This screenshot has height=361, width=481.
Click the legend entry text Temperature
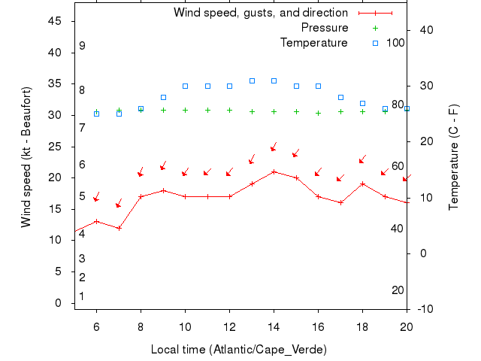pyautogui.click(x=314, y=43)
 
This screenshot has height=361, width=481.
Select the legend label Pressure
pyautogui.click(x=325, y=28)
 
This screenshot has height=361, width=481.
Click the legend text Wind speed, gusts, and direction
pyautogui.click(x=261, y=13)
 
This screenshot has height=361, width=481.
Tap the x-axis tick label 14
pyautogui.click(x=274, y=326)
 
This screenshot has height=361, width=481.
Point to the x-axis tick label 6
pyautogui.click(x=96, y=326)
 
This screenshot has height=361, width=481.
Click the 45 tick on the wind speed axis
pyautogui.click(x=55, y=21)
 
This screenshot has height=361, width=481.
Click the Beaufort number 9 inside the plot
pyautogui.click(x=82, y=46)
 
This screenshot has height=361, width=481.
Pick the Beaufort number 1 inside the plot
pyautogui.click(x=81, y=296)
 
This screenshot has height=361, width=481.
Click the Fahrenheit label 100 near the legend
pyautogui.click(x=395, y=43)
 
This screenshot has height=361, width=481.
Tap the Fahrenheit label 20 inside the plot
pyautogui.click(x=398, y=290)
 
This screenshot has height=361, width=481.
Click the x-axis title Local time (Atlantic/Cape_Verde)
pyautogui.click(x=239, y=350)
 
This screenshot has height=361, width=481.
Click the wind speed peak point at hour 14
pyautogui.click(x=274, y=171)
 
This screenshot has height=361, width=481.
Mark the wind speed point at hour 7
pyautogui.click(x=119, y=228)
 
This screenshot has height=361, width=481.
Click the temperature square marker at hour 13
pyautogui.click(x=252, y=80)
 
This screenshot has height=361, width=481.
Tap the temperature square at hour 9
pyautogui.click(x=163, y=97)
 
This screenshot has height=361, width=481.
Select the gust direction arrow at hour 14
pyautogui.click(x=274, y=147)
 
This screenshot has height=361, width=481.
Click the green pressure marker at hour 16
pyautogui.click(x=318, y=113)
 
